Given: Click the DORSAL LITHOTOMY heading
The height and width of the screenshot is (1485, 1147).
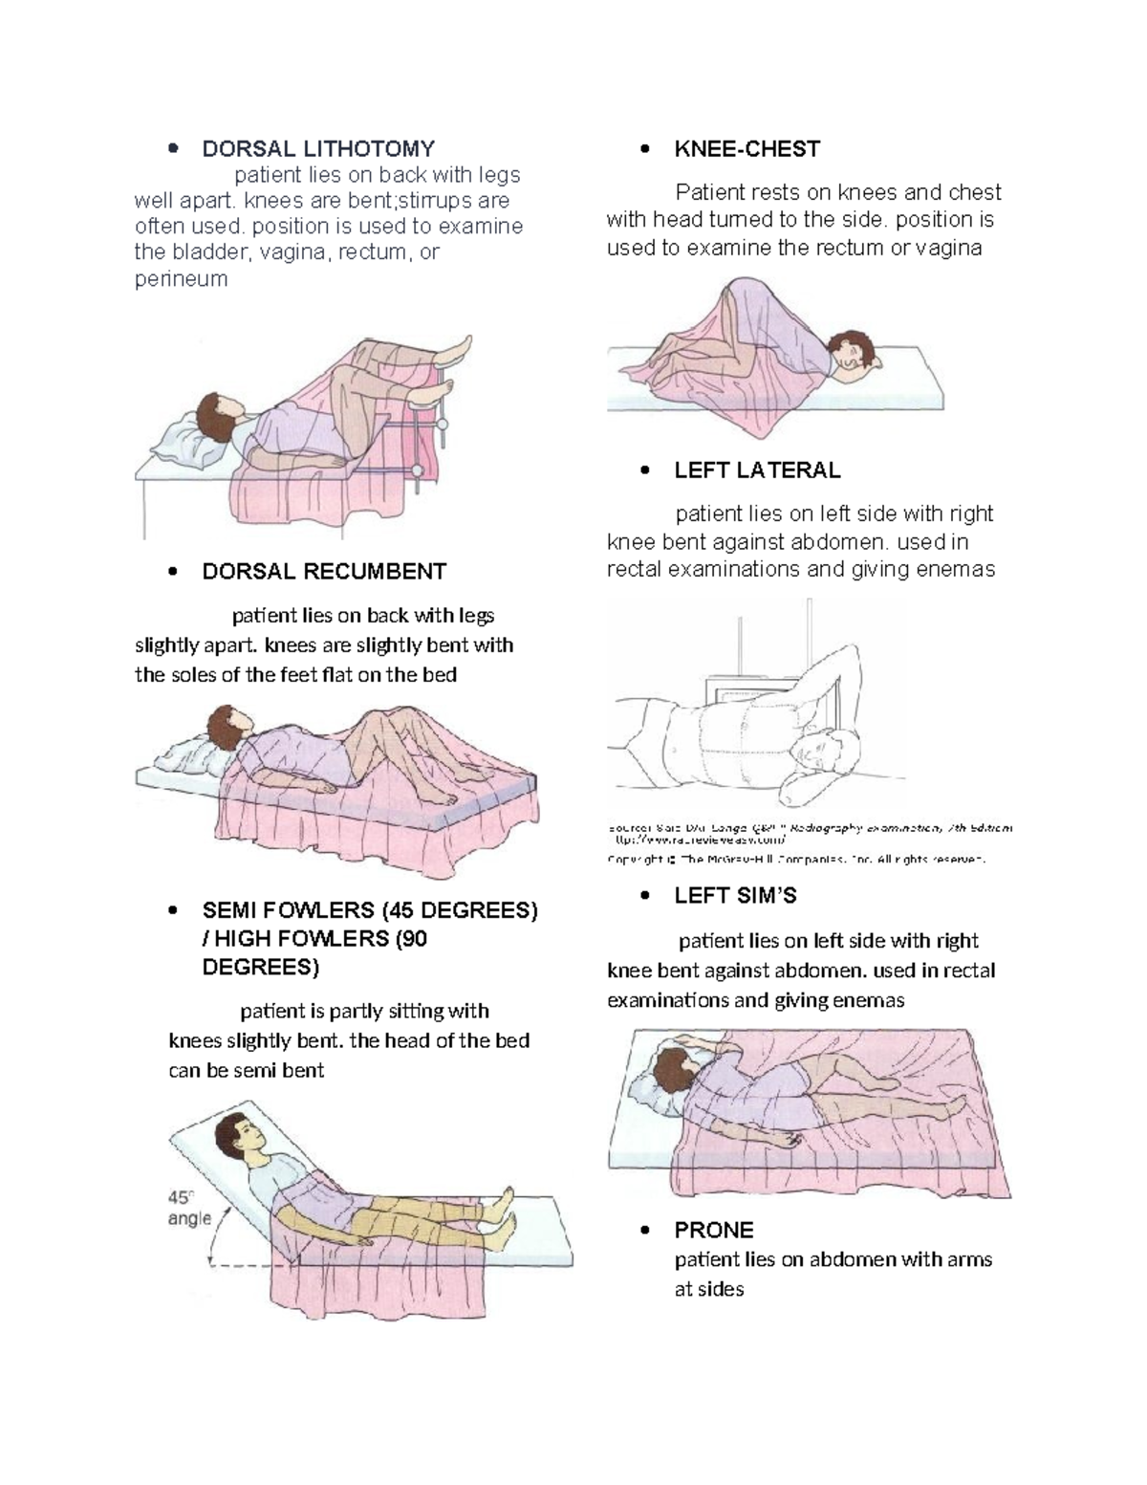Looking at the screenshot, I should [x=317, y=149].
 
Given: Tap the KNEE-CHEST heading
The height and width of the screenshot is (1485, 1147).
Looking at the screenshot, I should [x=747, y=149].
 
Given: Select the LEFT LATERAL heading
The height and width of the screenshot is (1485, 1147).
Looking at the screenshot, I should [x=757, y=470].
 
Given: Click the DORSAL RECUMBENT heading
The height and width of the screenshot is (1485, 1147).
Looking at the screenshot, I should [x=324, y=572].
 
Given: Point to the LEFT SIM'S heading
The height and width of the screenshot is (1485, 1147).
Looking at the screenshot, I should [x=735, y=896].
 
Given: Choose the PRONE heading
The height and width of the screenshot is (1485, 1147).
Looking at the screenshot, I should [x=713, y=1230].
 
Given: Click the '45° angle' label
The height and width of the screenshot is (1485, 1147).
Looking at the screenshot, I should [x=188, y=1208].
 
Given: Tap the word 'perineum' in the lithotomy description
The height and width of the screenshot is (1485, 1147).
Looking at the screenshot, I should [x=181, y=279].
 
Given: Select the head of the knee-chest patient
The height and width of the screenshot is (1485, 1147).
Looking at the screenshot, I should [x=848, y=351].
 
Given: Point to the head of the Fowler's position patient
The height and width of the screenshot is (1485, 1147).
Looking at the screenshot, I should [x=235, y=1137].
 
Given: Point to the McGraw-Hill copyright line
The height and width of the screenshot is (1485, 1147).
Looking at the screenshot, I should [x=795, y=860].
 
